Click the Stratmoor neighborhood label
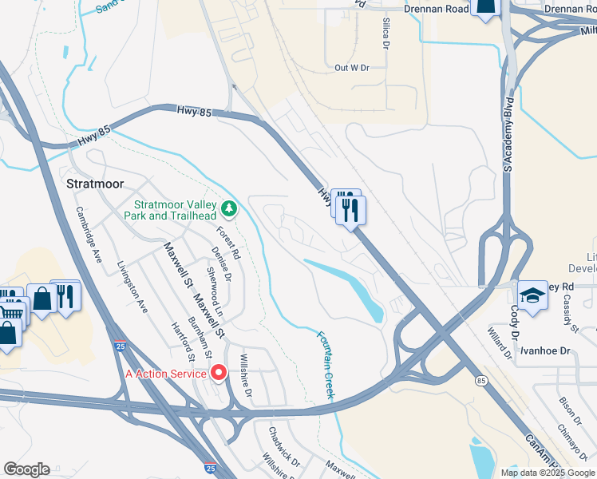(x=95, y=184)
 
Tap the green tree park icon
(x=230, y=208)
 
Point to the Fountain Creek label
(x=323, y=365)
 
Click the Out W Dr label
(x=351, y=68)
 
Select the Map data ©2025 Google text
(x=547, y=473)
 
